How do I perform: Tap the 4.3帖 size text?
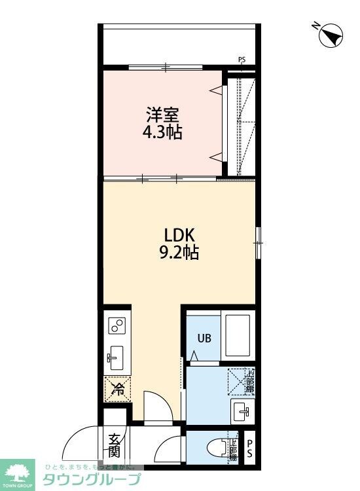(163, 132)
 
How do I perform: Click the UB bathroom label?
(205, 338)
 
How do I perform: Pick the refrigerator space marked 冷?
(118, 390)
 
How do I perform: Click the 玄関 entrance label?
(114, 445)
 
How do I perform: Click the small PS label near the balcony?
(242, 61)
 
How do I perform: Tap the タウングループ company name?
(92, 479)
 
